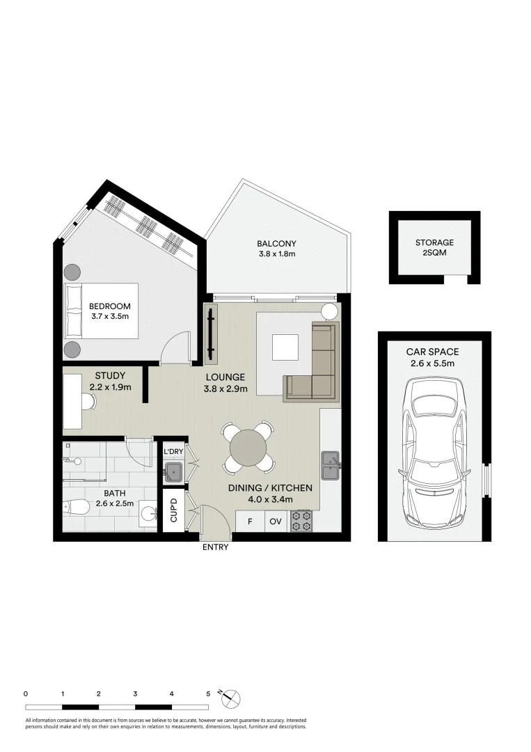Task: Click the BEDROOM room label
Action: (110, 306)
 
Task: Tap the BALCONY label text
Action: (276, 244)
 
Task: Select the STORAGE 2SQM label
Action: (434, 247)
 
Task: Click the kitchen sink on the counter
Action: (331, 465)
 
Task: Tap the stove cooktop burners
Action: (301, 522)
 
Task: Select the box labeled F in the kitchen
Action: (250, 522)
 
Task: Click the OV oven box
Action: (276, 522)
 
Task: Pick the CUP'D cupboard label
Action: (173, 510)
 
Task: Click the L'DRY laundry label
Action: (173, 451)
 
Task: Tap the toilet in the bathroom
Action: (77, 507)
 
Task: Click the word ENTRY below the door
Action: (215, 547)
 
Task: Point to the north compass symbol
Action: (230, 698)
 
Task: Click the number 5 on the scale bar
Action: (208, 694)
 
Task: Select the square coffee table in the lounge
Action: (285, 347)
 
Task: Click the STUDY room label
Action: (110, 375)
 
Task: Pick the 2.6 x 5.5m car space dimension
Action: (432, 363)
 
